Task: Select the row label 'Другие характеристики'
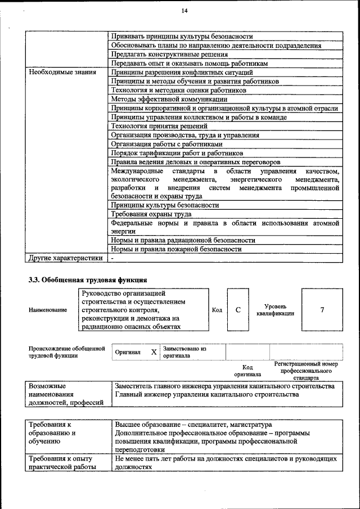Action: pyautogui.click(x=66, y=258)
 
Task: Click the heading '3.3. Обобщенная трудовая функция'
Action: pyautogui.click(x=88, y=279)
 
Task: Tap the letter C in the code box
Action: pyautogui.click(x=238, y=310)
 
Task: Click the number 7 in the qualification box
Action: pyautogui.click(x=322, y=310)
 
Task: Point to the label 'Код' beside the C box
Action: pyautogui.click(x=217, y=310)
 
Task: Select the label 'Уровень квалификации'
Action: pyautogui.click(x=275, y=310)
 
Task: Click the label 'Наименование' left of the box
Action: pyautogui.click(x=47, y=310)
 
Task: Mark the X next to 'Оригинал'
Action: pyautogui.click(x=154, y=352)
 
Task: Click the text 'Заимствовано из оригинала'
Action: pyautogui.click(x=184, y=352)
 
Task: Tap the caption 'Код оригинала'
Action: pyautogui.click(x=247, y=370)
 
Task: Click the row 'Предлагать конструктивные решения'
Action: pyautogui.click(x=169, y=55)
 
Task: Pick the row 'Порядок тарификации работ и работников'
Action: pyautogui.click(x=177, y=153)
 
